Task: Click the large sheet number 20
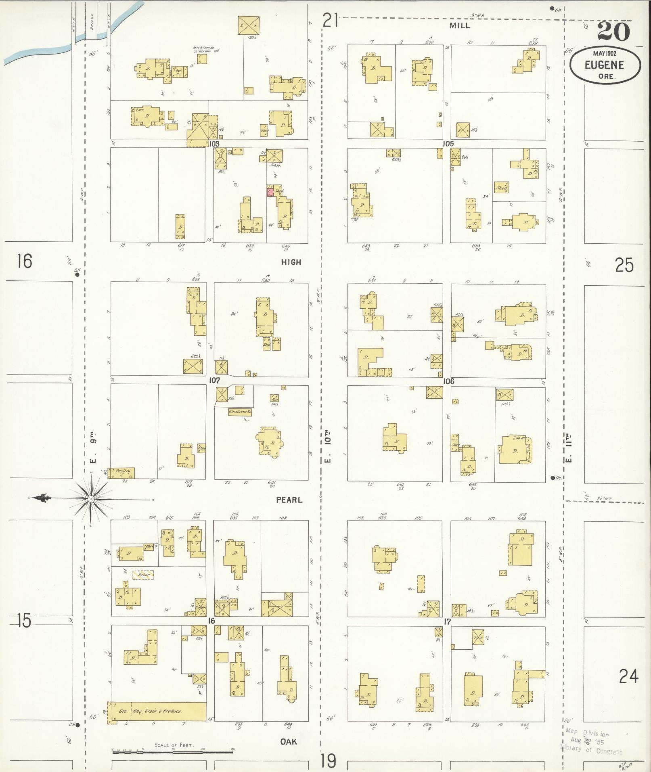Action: pyautogui.click(x=613, y=31)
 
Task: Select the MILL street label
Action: pyautogui.click(x=460, y=25)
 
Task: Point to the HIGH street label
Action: pyautogui.click(x=291, y=262)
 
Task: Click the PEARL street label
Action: pyautogui.click(x=289, y=500)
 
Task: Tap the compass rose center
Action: pyautogui.click(x=92, y=499)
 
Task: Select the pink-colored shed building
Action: pyautogui.click(x=269, y=191)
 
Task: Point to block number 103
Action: pyautogui.click(x=214, y=144)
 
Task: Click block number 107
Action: pyautogui.click(x=214, y=381)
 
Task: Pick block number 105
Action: pyautogui.click(x=448, y=144)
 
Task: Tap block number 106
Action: pyautogui.click(x=448, y=381)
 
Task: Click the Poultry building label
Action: pyautogui.click(x=121, y=471)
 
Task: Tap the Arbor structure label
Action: pyautogui.click(x=143, y=575)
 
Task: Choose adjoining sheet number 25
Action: pyautogui.click(x=624, y=266)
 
